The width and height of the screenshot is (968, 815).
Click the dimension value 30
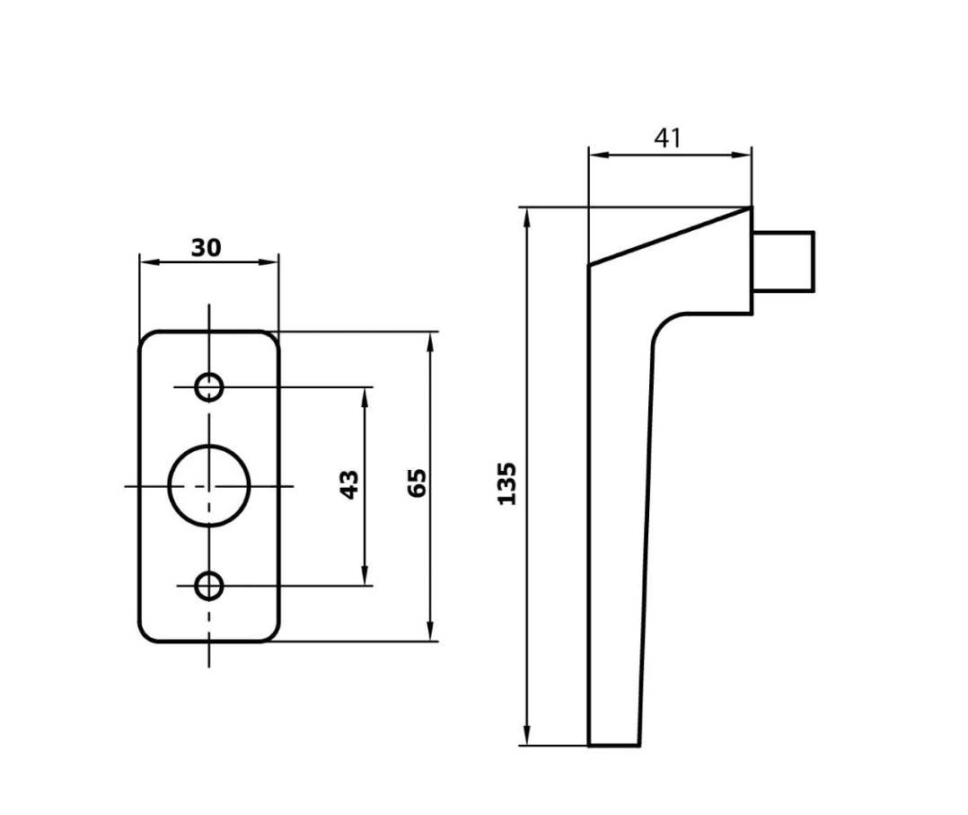pos(207,247)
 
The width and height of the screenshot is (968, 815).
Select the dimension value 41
pos(667,137)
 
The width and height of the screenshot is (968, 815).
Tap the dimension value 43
pos(351,484)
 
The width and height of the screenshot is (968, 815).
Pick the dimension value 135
pos(507,483)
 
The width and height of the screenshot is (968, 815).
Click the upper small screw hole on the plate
pos(210,387)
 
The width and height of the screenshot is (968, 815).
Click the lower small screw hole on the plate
pos(210,586)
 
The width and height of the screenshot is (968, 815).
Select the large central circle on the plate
pos(209,484)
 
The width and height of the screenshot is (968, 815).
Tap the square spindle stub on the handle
pos(783,261)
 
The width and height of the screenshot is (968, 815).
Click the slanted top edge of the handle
pos(670,236)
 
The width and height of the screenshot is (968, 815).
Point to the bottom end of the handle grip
pos(613,744)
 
